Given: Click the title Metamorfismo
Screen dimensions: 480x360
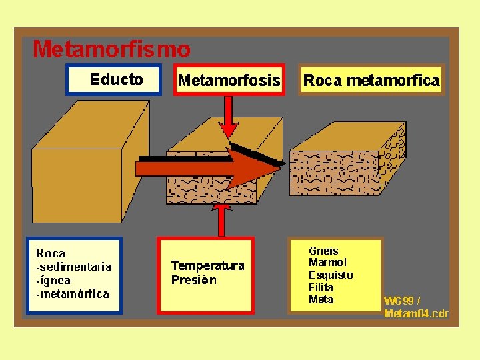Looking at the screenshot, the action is click(111, 49).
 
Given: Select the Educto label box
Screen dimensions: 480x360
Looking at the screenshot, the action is click(115, 80).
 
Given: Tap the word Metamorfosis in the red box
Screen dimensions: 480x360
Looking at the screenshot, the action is click(229, 81).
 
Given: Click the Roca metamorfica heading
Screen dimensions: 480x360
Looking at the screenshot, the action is click(371, 81).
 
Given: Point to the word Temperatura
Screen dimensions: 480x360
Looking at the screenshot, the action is click(207, 265).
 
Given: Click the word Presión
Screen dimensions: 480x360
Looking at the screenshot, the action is click(193, 280).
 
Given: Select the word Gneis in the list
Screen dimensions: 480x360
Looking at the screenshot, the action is click(323, 251).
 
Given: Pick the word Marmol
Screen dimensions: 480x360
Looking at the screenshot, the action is click(327, 263).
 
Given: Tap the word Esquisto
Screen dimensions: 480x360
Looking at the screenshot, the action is click(331, 275).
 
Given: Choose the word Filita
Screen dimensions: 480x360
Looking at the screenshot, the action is click(321, 287).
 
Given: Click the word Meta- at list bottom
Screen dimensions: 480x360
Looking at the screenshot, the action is click(323, 299).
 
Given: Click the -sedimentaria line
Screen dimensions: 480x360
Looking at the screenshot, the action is click(73, 267).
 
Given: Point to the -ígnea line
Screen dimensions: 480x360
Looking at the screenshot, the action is click(53, 280).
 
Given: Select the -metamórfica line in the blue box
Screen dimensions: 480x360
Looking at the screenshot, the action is click(72, 293).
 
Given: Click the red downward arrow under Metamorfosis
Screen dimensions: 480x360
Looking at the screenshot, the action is click(229, 120).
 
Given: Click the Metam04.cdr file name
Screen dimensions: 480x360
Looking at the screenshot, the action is click(416, 313).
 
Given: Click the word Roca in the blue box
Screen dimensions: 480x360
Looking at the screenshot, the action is click(51, 253).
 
